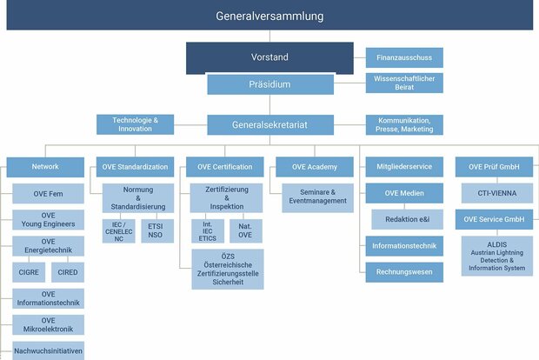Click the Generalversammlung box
point(269,15)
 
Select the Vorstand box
point(269,57)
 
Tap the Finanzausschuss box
point(404,57)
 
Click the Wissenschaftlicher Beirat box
point(404,83)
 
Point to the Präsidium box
point(270,84)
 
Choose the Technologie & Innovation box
point(135,124)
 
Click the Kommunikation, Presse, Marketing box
point(404,125)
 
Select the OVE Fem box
point(48,194)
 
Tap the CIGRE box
point(29,272)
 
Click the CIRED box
point(68,272)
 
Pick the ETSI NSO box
point(157,231)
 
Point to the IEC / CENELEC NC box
point(118,231)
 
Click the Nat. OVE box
point(246,231)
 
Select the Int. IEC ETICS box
point(208,231)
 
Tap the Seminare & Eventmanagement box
point(317,197)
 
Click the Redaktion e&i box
point(408,219)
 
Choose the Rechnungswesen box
point(404,272)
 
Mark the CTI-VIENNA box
point(497,193)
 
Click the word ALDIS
point(497,244)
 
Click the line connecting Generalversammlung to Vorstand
point(269,37)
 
